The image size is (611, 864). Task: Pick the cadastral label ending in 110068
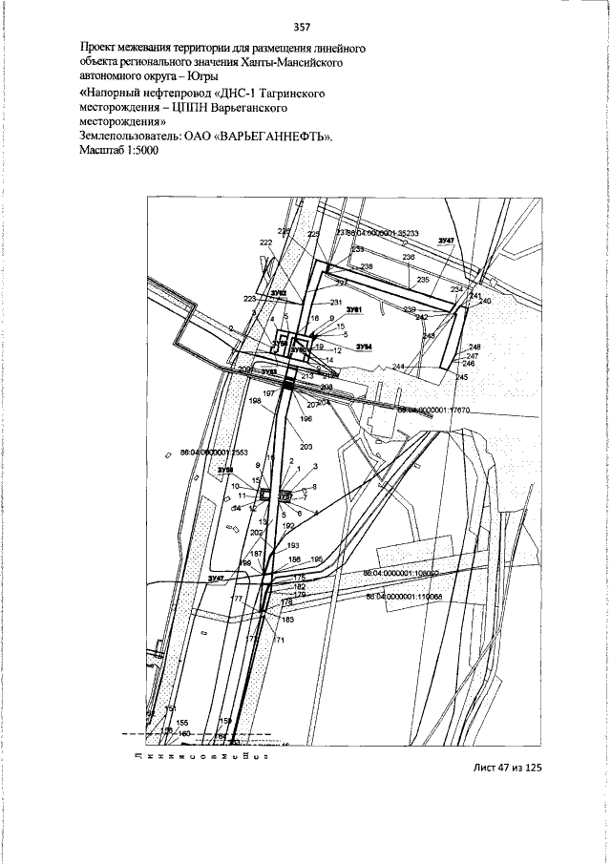pyautogui.click(x=403, y=596)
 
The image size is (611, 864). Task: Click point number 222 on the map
pyautogui.click(x=265, y=243)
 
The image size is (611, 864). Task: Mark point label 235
pyautogui.click(x=423, y=280)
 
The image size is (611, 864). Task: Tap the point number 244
pyautogui.click(x=398, y=368)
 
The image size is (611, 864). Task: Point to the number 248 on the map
pyautogui.click(x=474, y=347)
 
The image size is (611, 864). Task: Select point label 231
pyautogui.click(x=335, y=303)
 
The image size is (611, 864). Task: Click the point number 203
pyautogui.click(x=305, y=447)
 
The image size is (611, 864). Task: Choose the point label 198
pyautogui.click(x=255, y=401)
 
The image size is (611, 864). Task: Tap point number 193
pyautogui.click(x=293, y=545)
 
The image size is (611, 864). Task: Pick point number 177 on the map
pyautogui.click(x=238, y=599)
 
